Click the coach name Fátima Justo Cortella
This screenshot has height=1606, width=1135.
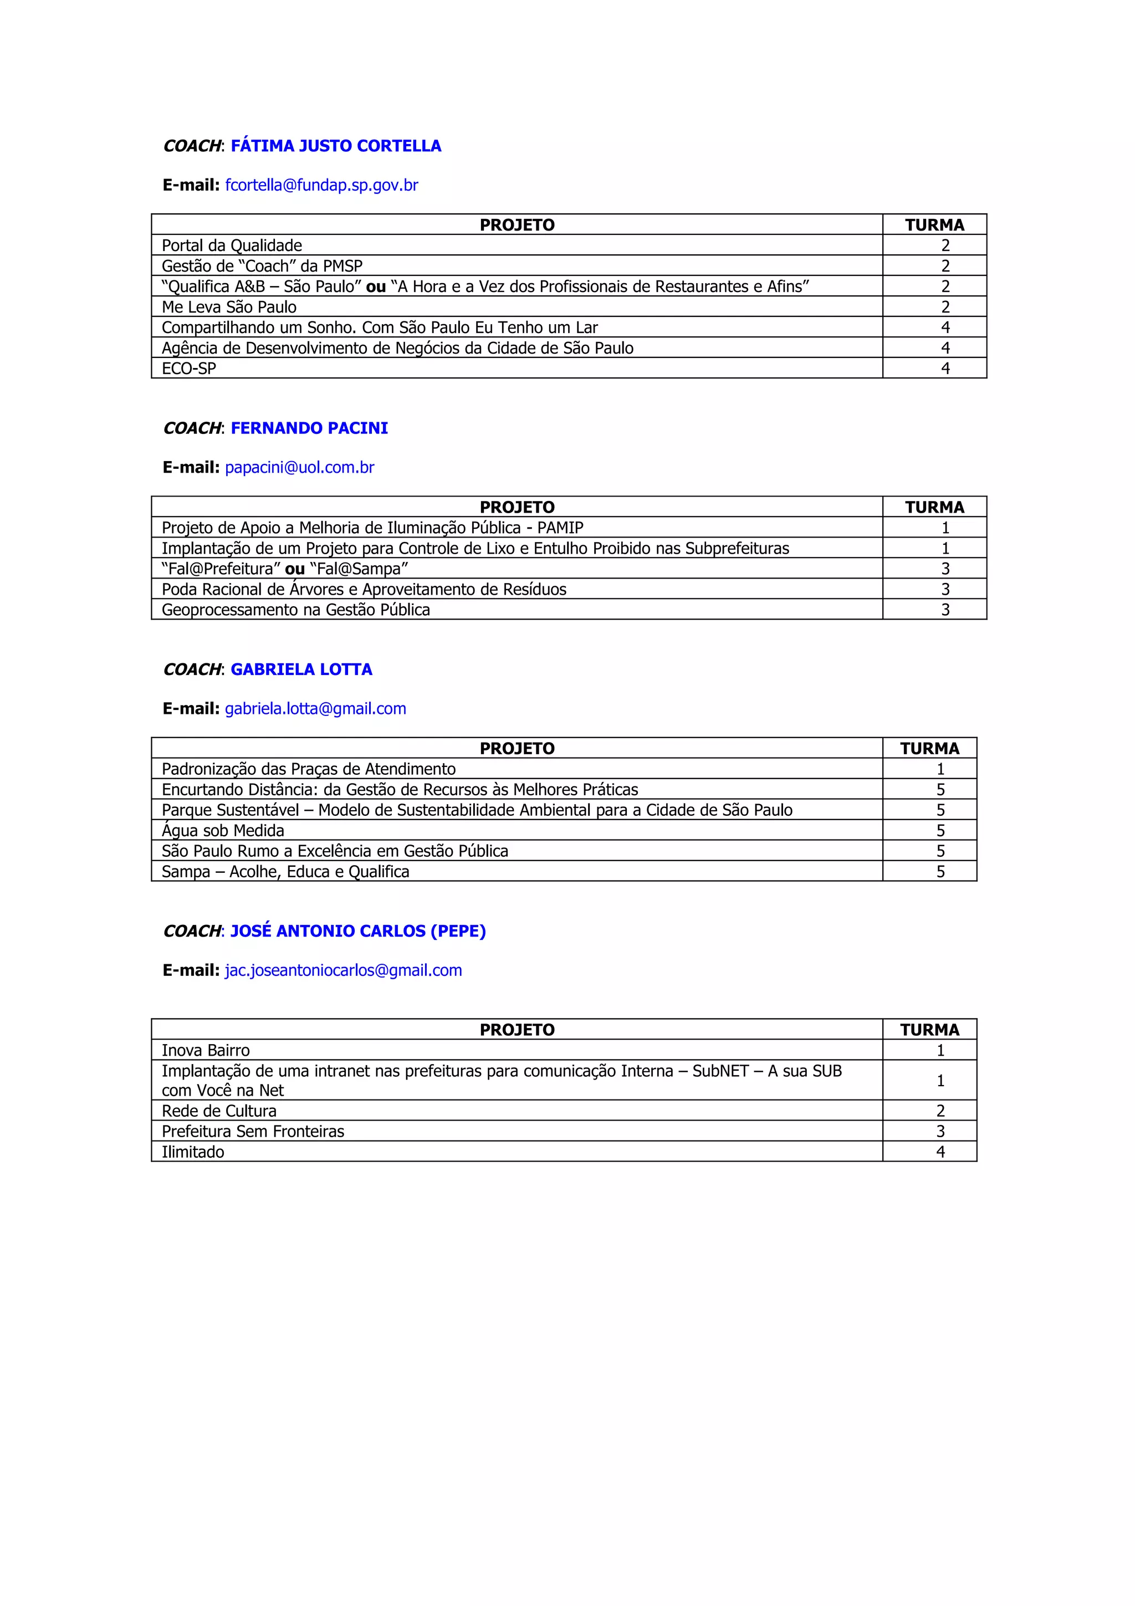[x=336, y=146]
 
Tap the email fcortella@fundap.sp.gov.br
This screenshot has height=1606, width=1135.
[x=321, y=185]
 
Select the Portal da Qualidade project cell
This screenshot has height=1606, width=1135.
[x=232, y=245]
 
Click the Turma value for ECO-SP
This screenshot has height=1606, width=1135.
[x=945, y=369]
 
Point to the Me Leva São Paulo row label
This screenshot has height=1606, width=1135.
[x=229, y=307]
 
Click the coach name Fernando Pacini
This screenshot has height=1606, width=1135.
[x=309, y=428]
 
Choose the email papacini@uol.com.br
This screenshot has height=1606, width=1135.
[x=299, y=467]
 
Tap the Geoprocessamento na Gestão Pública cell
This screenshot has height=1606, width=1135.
[x=296, y=610]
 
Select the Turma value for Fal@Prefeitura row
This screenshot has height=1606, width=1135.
[x=945, y=569]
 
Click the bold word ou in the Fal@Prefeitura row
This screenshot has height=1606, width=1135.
[x=294, y=569]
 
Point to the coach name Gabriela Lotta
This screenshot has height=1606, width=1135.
[x=301, y=669]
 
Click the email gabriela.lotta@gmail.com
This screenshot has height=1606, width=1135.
[x=315, y=709]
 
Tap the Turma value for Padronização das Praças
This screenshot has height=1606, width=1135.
[x=940, y=769]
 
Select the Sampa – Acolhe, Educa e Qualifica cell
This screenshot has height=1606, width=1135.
[x=285, y=872]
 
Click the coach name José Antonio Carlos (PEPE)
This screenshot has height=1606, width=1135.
[x=358, y=931]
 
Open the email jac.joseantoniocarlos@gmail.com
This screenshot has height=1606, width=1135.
[x=344, y=970]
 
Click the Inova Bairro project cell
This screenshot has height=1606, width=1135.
[x=206, y=1051]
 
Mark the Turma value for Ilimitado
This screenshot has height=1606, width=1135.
[x=940, y=1152]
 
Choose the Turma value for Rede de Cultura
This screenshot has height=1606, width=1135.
[x=940, y=1111]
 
